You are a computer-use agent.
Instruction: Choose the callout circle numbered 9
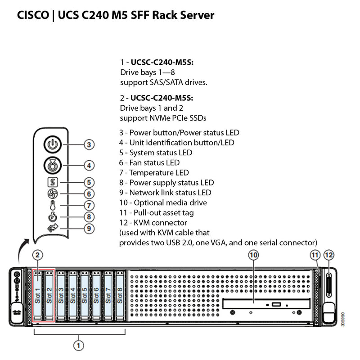(x=89, y=229)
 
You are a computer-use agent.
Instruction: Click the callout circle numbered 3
(x=89, y=145)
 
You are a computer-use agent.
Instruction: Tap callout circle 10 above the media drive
(x=254, y=255)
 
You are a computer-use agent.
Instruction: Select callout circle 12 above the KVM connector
(x=329, y=255)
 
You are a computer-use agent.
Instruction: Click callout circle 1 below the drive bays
(x=79, y=346)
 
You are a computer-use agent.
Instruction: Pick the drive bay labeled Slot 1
(x=38, y=295)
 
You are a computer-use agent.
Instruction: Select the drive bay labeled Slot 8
(x=119, y=295)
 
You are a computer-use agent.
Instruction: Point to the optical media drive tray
(x=263, y=304)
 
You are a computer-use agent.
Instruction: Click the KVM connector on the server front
(x=328, y=287)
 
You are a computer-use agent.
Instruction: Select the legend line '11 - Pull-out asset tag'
(x=157, y=212)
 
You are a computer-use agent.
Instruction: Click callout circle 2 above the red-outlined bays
(x=39, y=255)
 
